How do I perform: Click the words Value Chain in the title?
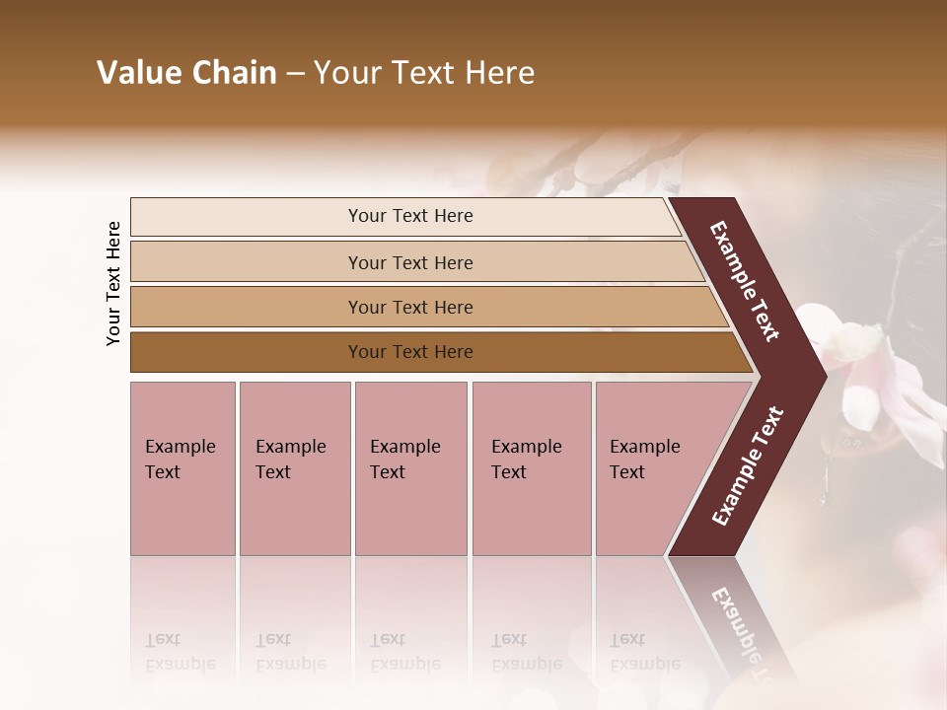coord(186,73)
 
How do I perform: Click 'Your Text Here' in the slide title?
coord(424,73)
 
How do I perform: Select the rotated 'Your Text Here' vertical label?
coord(113,283)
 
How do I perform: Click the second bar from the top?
coord(409,262)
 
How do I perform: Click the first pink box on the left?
coord(182,468)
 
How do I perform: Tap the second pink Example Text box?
coord(294,468)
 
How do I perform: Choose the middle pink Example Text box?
coord(410,468)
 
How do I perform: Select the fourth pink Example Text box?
coord(531,468)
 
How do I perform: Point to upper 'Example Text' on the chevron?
coord(745,281)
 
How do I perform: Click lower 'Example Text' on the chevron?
coord(748,466)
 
